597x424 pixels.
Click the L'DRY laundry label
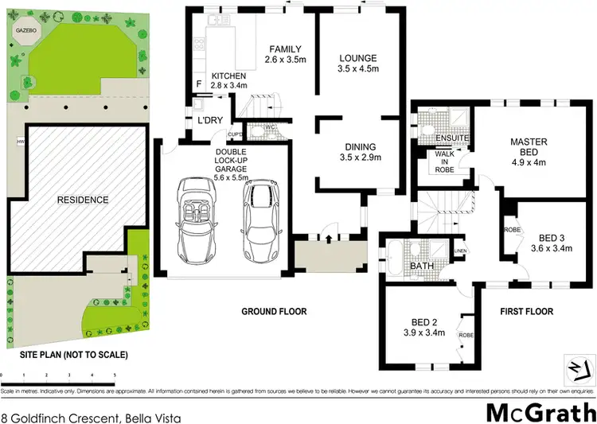[210, 120]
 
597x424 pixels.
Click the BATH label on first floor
[420, 266]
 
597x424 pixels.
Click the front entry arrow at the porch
[329, 238]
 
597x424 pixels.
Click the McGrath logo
[540, 413]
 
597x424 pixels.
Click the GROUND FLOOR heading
[275, 311]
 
